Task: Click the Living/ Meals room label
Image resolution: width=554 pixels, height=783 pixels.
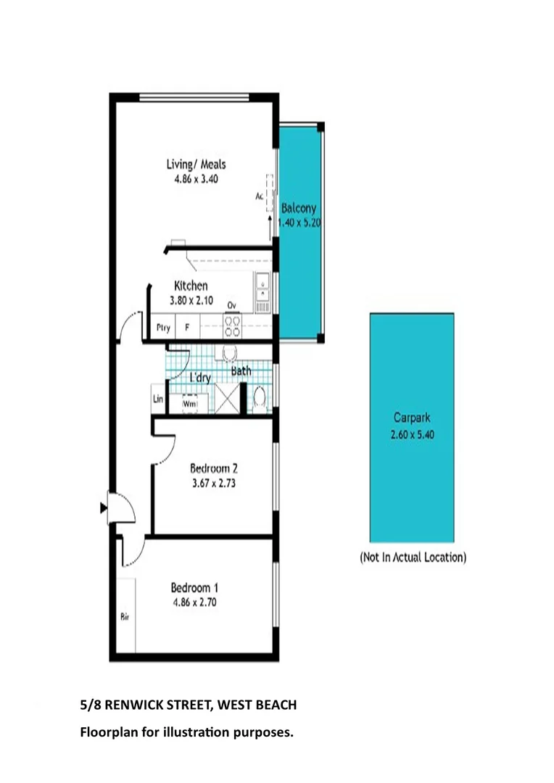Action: pyautogui.click(x=196, y=165)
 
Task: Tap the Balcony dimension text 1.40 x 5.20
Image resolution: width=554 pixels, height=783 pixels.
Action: pyautogui.click(x=299, y=223)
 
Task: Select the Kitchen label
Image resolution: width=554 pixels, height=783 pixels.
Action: pyautogui.click(x=191, y=286)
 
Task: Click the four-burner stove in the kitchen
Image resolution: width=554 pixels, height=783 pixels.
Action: pyautogui.click(x=232, y=326)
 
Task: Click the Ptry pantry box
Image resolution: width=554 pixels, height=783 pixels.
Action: pyautogui.click(x=163, y=328)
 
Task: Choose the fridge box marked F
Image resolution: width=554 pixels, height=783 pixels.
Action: pyautogui.click(x=187, y=328)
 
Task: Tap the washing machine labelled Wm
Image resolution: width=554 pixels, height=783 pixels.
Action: pyautogui.click(x=190, y=402)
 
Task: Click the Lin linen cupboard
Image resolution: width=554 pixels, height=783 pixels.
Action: pyautogui.click(x=157, y=399)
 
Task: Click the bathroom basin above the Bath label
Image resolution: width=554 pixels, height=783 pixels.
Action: pyautogui.click(x=231, y=353)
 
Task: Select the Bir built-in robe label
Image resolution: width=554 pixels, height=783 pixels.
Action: pyautogui.click(x=125, y=618)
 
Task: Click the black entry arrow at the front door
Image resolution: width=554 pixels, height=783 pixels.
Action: pyautogui.click(x=103, y=508)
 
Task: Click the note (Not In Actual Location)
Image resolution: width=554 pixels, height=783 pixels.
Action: pyautogui.click(x=413, y=558)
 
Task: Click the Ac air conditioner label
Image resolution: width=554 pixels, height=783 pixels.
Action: pyautogui.click(x=259, y=196)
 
